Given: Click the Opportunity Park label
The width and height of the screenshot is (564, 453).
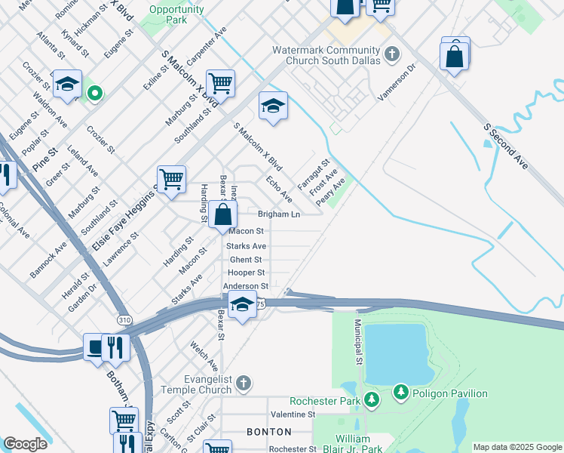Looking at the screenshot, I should (176, 14).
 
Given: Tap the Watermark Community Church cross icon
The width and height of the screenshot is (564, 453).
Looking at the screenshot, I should (391, 54).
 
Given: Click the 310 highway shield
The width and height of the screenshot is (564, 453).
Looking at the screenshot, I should (124, 320).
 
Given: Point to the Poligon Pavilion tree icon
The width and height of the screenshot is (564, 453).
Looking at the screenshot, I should (401, 393).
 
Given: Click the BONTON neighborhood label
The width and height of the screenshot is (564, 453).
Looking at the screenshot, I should (269, 432).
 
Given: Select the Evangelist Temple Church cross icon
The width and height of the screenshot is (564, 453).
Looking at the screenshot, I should (243, 384).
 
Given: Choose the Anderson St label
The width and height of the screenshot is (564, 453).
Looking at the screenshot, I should (246, 287).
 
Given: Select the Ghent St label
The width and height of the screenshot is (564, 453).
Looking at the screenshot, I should (246, 260).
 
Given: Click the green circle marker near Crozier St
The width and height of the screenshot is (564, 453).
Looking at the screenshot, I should (94, 94).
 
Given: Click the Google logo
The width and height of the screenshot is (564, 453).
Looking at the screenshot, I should (25, 444).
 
